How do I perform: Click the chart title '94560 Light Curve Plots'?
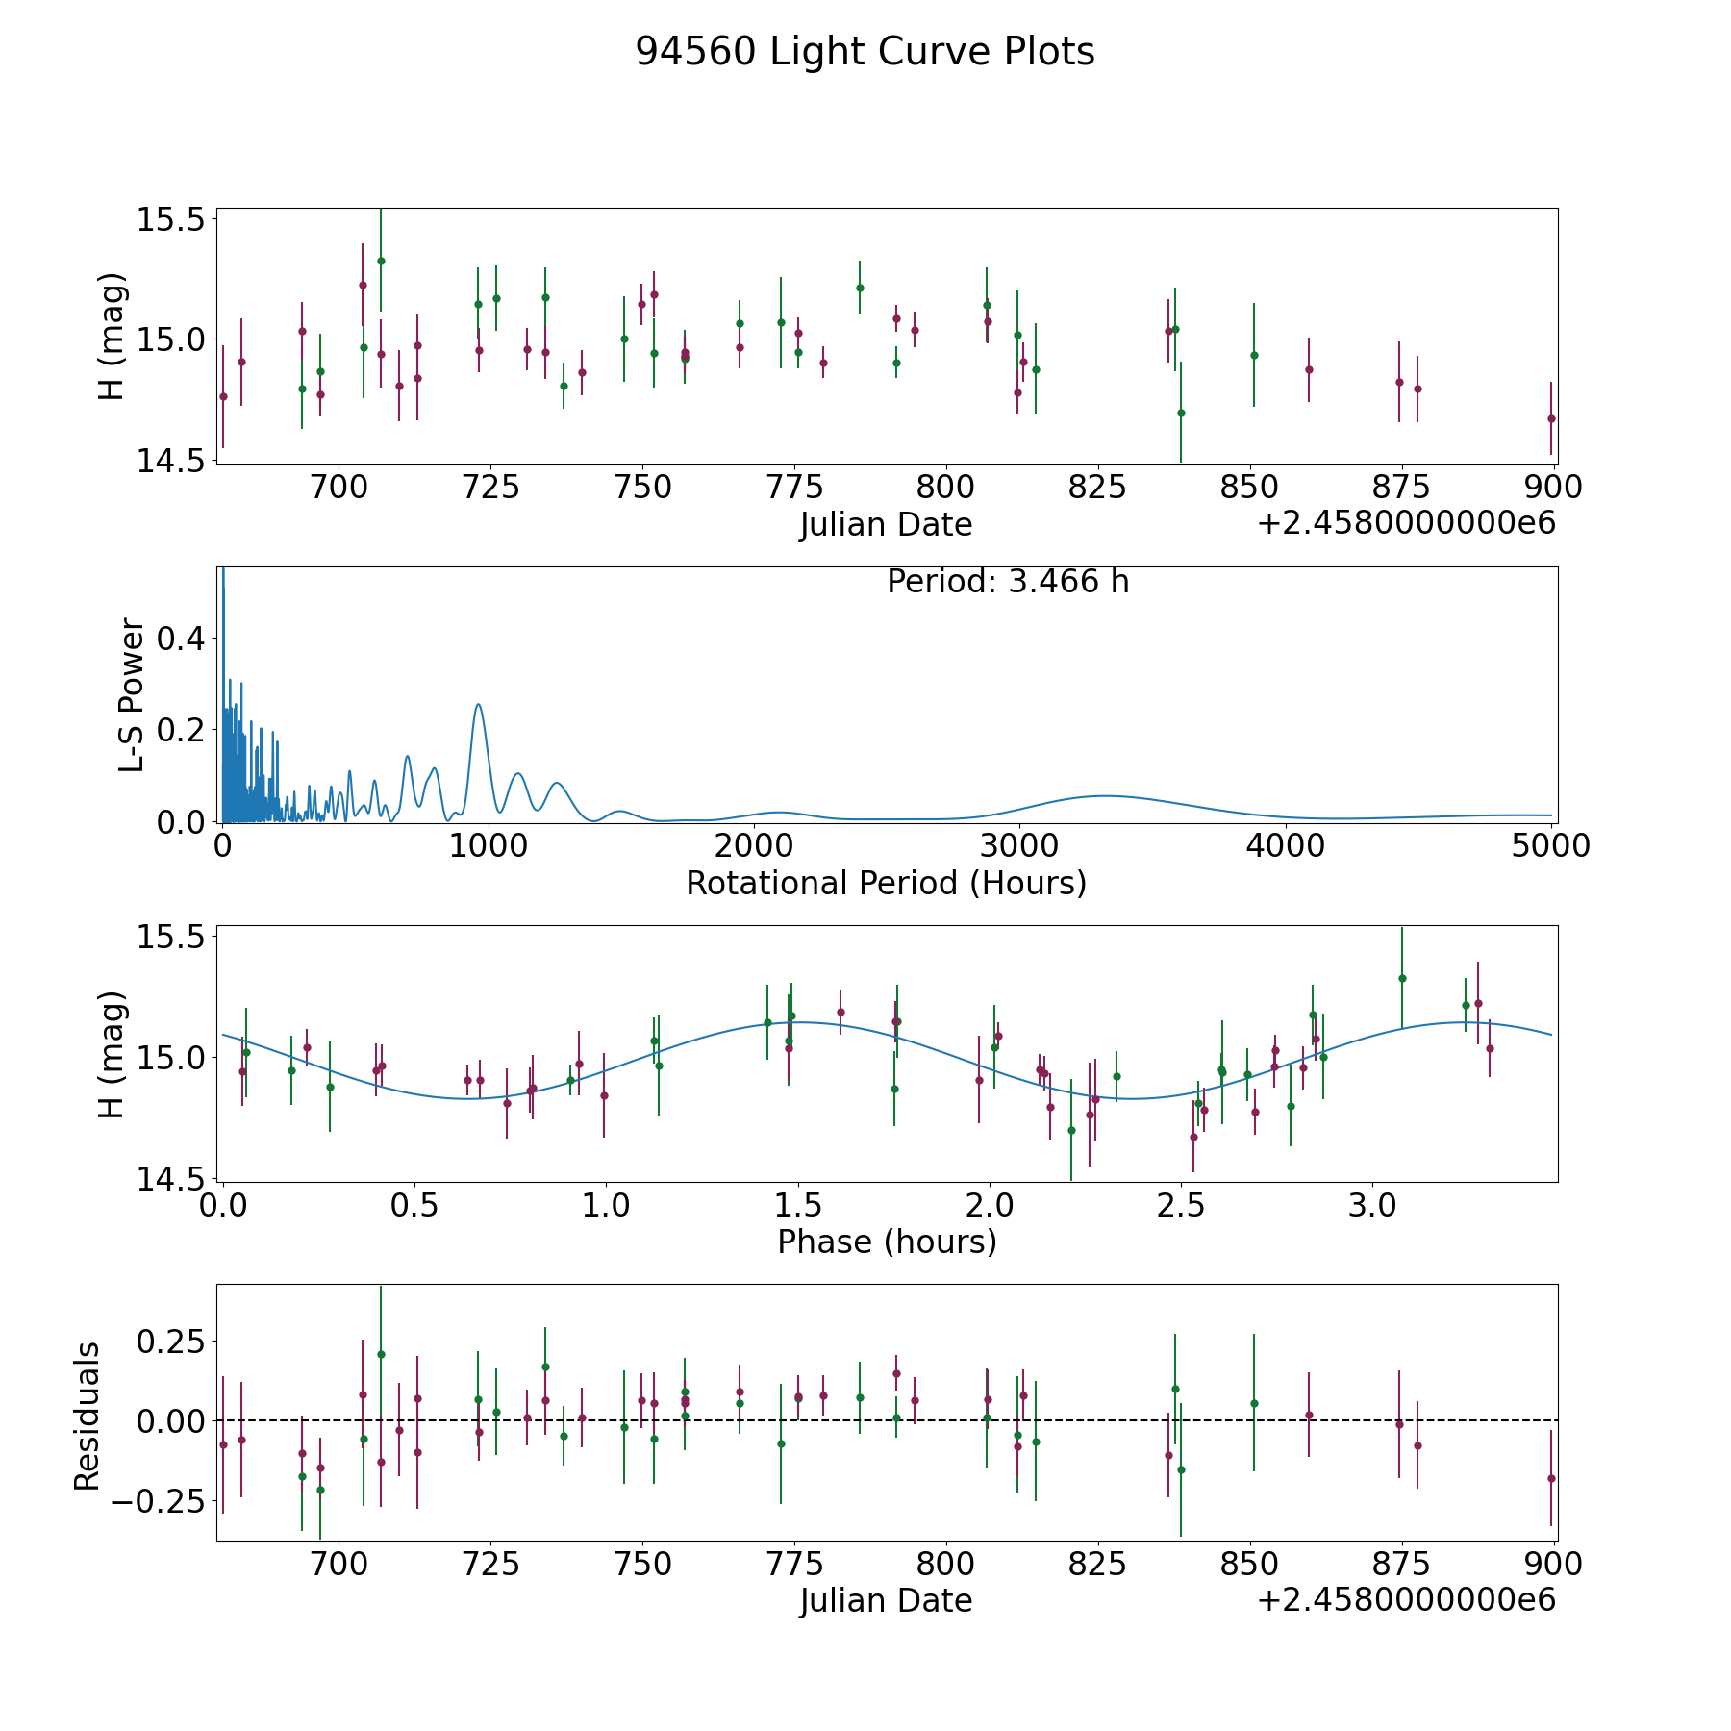865,52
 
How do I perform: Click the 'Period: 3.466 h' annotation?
1007,582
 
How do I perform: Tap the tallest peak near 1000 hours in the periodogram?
478,705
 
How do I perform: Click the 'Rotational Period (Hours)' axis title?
886,883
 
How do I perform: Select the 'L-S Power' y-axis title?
132,694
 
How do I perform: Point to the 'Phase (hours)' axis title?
886,1242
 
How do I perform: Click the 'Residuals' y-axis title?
88,1417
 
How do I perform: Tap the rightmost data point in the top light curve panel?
1551,418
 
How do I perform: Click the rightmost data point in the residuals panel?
1551,1478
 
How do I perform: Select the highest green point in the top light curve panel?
381,261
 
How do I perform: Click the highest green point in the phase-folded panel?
1402,978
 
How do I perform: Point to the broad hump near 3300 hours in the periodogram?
1106,795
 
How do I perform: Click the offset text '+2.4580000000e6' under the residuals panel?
1406,1600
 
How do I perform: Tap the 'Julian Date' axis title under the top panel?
886,525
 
